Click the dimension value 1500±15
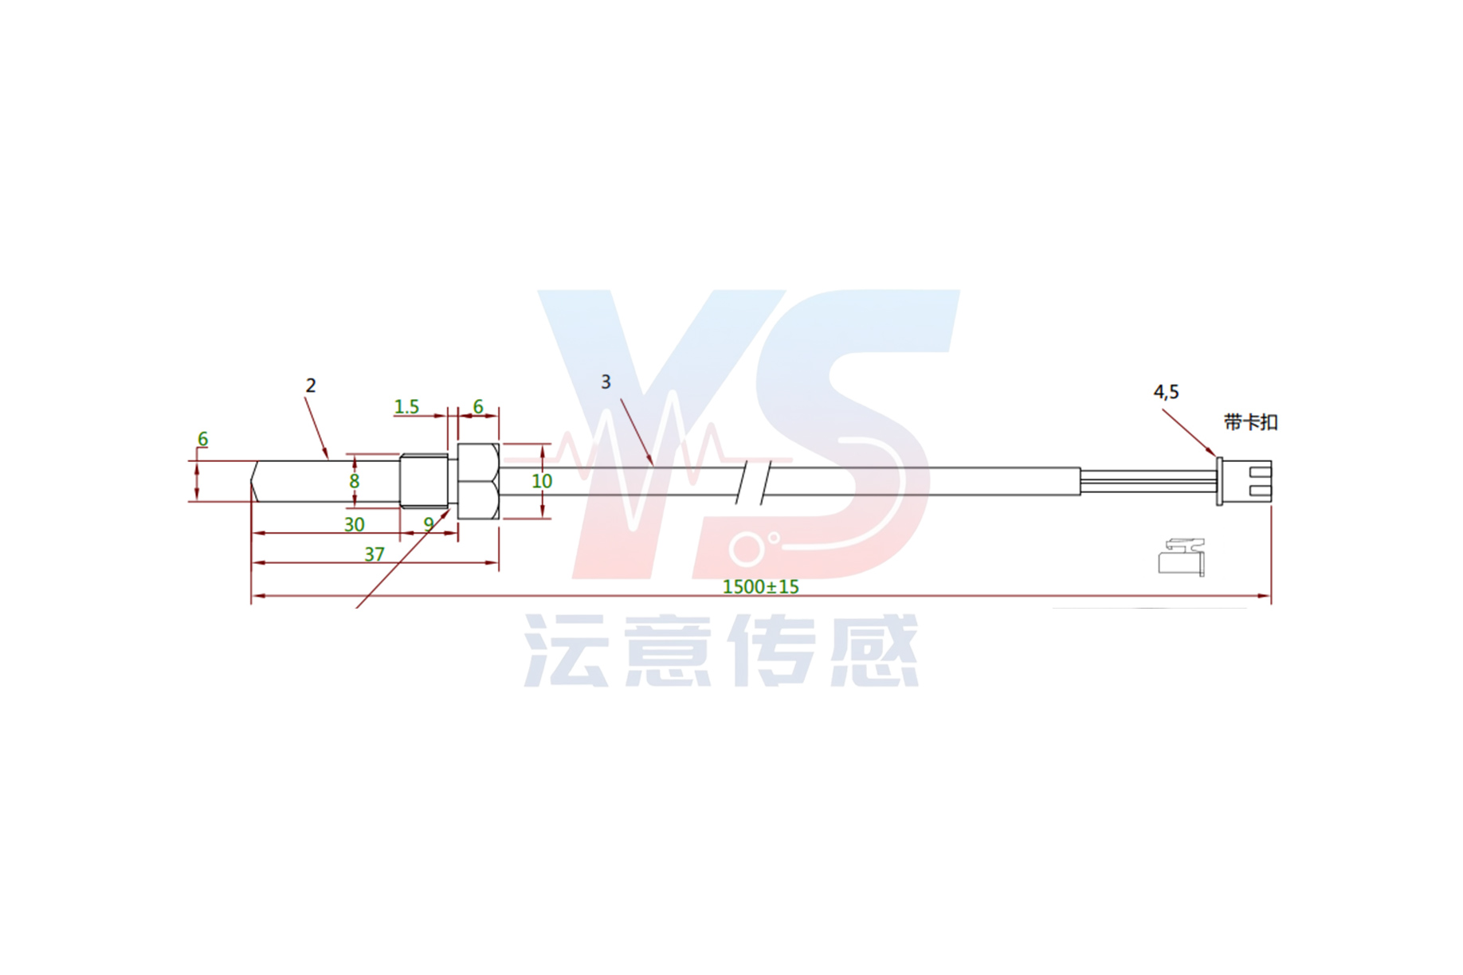coord(760,587)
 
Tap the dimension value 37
coord(375,554)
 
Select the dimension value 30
coord(354,524)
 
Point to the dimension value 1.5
coord(406,407)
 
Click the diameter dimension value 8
coord(355,481)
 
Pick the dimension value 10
coord(542,481)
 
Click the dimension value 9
coord(429,524)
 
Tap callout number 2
coord(311,386)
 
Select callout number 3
coord(606,382)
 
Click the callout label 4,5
coord(1166,392)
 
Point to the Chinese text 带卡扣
coord(1250,422)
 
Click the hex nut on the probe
coord(478,481)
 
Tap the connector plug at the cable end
coord(1245,481)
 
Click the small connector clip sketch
coord(1182,557)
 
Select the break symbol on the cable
coord(753,481)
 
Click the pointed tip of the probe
coord(254,481)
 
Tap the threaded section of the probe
coord(423,481)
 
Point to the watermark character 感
coord(874,651)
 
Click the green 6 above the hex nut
coord(478,407)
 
